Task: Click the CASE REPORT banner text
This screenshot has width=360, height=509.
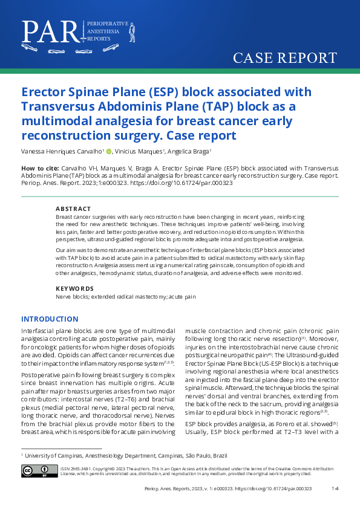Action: (285, 58)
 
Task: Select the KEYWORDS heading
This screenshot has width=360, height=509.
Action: (73, 288)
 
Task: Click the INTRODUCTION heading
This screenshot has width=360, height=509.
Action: (50, 319)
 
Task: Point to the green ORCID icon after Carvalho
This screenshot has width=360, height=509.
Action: (110, 152)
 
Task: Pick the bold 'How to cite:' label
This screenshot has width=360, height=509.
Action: (40, 167)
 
